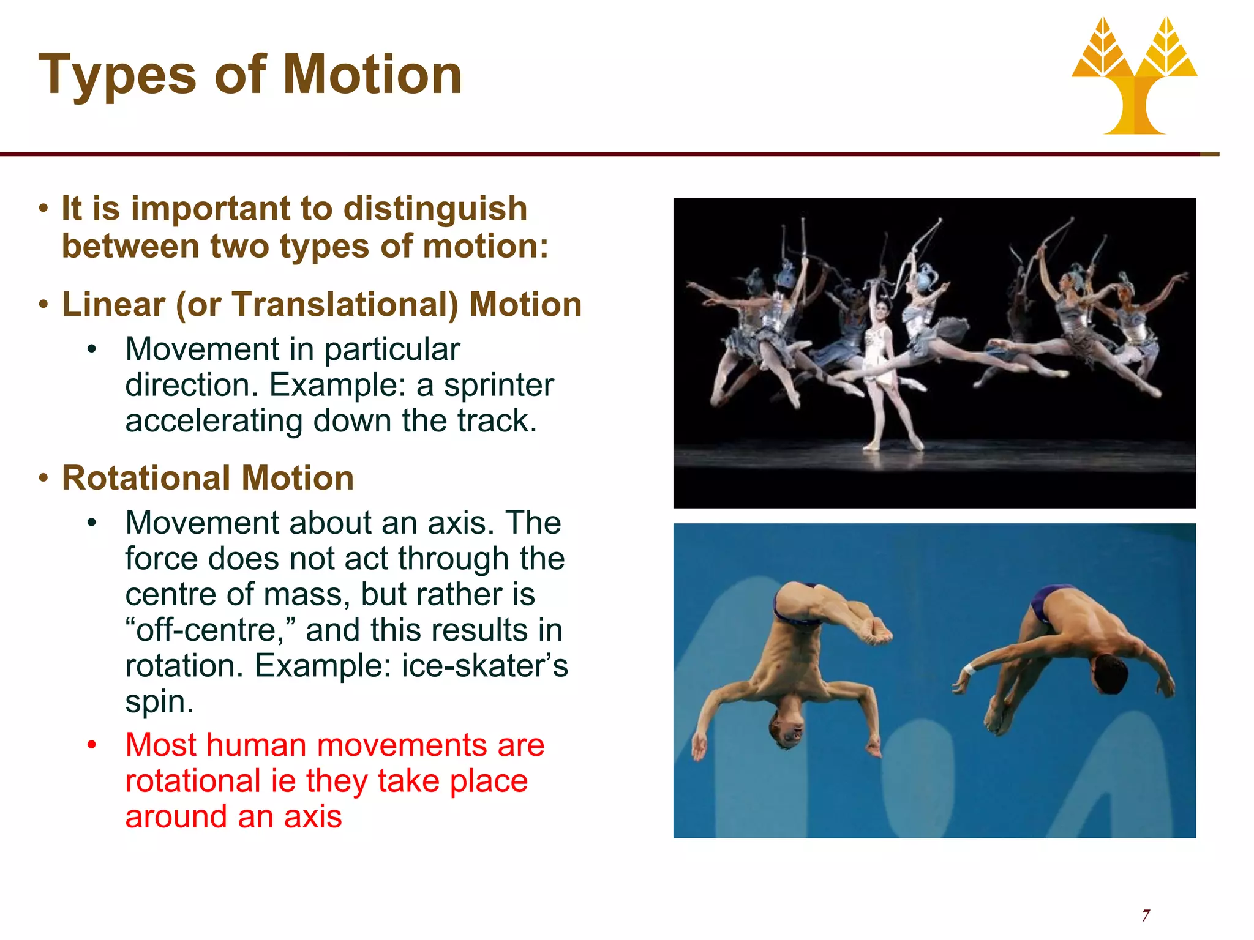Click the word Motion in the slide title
point(372,75)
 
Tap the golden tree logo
point(1134,76)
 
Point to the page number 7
point(1145,916)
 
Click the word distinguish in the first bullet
point(435,209)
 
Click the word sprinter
point(498,386)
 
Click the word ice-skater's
point(484,666)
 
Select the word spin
point(159,702)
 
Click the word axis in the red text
point(312,817)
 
